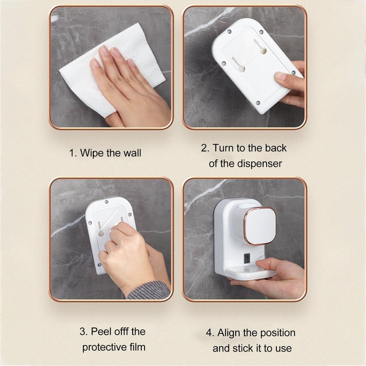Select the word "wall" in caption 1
pos(131,153)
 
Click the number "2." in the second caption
pos(205,148)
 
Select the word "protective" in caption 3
pos(103,347)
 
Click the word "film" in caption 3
pos(137,347)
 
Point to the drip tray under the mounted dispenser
pos(249,274)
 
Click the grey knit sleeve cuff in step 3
pos(149,291)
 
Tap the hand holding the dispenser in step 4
pos(279,274)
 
